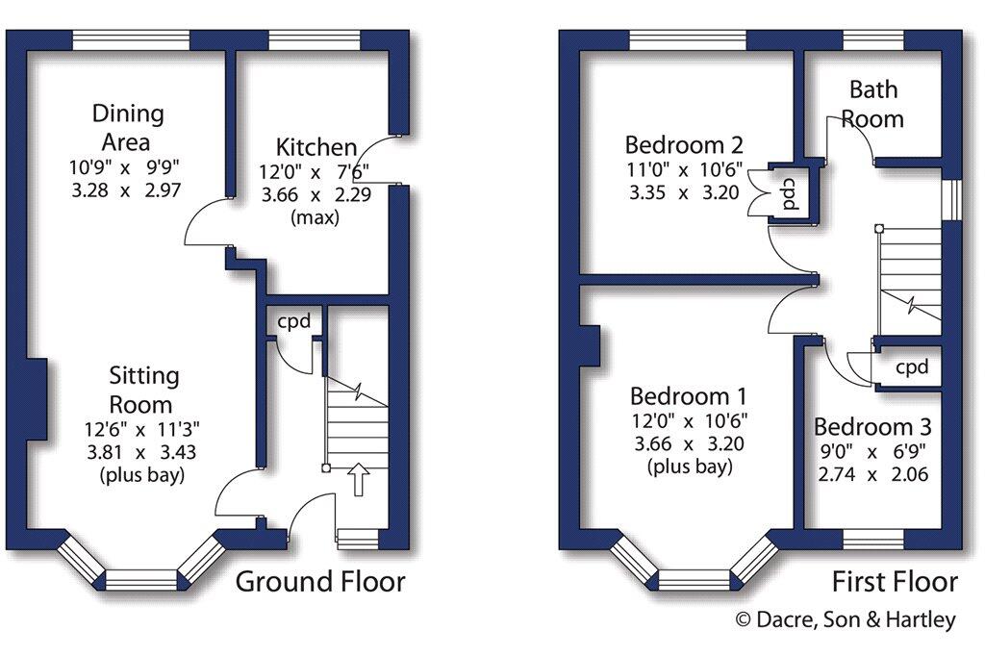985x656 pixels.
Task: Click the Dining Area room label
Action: [128, 128]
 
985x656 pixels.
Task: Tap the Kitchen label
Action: [316, 148]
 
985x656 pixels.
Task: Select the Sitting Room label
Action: [143, 389]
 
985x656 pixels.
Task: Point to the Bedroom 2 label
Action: [684, 146]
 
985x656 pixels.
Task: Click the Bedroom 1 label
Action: [689, 396]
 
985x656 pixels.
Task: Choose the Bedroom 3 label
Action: [872, 427]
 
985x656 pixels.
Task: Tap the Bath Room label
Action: [872, 104]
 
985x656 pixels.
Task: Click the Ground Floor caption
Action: [320, 581]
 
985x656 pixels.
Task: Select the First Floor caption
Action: [895, 581]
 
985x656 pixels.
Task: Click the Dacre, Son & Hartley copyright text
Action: [846, 620]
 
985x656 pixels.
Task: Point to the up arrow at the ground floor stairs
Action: [358, 479]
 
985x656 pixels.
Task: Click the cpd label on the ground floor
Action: [294, 321]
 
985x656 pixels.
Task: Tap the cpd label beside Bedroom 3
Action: [912, 367]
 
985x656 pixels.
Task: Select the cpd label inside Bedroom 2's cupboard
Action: [788, 192]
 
